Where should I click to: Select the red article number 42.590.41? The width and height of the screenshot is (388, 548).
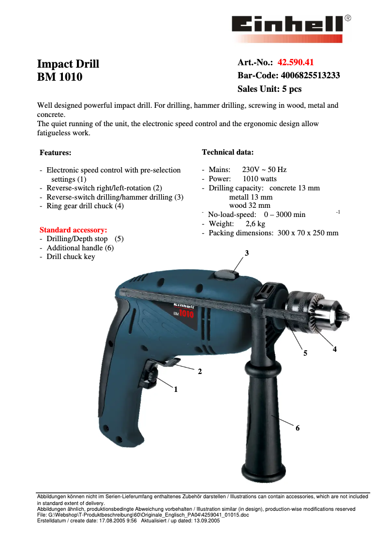(x=296, y=62)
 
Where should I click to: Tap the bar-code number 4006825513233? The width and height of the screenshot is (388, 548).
(x=310, y=76)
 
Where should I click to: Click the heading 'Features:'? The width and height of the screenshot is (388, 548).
(x=55, y=153)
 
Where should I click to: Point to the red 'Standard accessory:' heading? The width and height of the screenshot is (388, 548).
(x=73, y=230)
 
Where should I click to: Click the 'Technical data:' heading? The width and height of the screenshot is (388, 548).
(x=227, y=152)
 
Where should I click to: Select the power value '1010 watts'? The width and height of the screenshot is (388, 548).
(x=260, y=179)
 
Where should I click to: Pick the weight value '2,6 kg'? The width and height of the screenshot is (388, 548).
(x=255, y=224)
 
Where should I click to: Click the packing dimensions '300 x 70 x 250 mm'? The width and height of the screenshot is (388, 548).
(x=308, y=233)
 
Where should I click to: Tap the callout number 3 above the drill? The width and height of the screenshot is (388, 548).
(x=247, y=253)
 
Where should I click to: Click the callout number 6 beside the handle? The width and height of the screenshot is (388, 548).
(x=298, y=428)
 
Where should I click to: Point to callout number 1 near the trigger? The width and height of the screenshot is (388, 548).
(x=176, y=389)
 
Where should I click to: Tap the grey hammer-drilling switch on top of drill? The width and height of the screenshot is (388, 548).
(x=224, y=274)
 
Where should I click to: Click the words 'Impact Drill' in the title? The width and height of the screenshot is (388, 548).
(x=68, y=64)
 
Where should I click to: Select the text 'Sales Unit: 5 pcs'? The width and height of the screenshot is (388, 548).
(x=269, y=89)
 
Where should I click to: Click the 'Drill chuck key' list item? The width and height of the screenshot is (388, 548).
(x=71, y=257)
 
